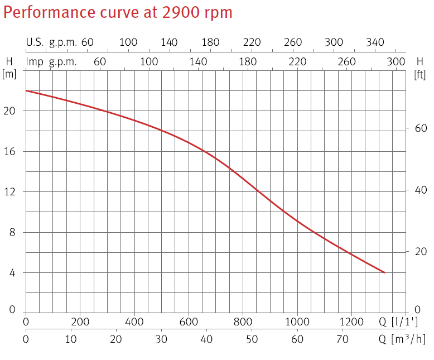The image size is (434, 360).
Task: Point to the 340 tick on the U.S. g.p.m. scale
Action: (x=375, y=42)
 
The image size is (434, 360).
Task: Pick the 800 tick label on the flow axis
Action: (x=243, y=321)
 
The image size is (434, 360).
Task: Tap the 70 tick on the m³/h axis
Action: (x=343, y=339)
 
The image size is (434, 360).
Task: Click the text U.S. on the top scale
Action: (x=35, y=42)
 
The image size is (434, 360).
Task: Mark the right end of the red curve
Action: (x=384, y=272)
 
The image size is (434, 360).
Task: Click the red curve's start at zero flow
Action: (x=26, y=90)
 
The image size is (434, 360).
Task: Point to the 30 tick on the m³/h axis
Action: (x=161, y=339)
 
